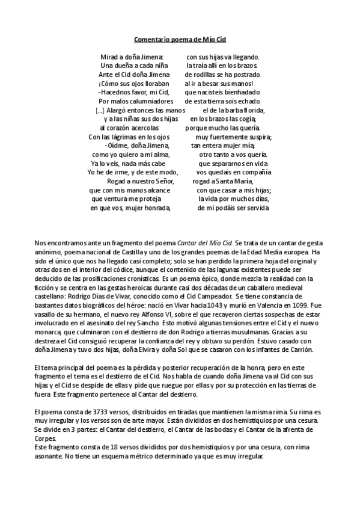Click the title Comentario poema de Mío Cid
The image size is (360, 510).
[x=180, y=38]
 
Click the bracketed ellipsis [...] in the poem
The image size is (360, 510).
[x=100, y=111]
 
